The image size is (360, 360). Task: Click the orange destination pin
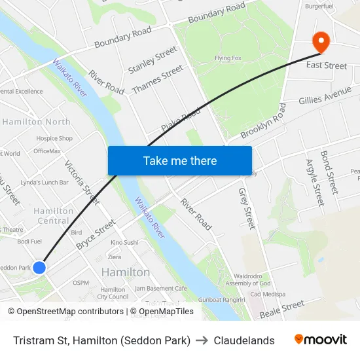[x=321, y=41]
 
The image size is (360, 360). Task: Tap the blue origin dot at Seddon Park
[x=39, y=267]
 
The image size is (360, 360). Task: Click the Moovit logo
[x=321, y=339]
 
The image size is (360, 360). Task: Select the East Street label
[x=326, y=65]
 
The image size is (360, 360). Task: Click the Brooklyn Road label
[x=263, y=121]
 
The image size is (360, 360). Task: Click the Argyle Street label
[x=315, y=181]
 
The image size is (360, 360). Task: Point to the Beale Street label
[x=282, y=309]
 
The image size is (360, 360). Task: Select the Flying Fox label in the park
[x=228, y=58]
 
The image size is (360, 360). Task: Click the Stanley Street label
[x=153, y=60]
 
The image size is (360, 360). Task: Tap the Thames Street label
[x=157, y=79]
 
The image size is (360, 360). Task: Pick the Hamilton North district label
[x=37, y=122]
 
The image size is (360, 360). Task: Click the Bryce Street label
[x=96, y=235]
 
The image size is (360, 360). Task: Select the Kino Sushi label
[x=124, y=242]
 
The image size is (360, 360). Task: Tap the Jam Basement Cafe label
[x=161, y=289]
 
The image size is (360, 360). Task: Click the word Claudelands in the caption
[x=244, y=340]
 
